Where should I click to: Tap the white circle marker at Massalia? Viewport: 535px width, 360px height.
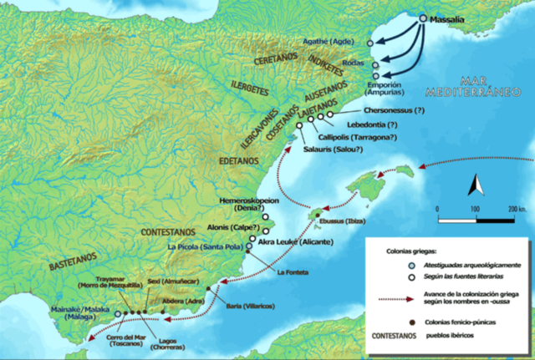[423, 17]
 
